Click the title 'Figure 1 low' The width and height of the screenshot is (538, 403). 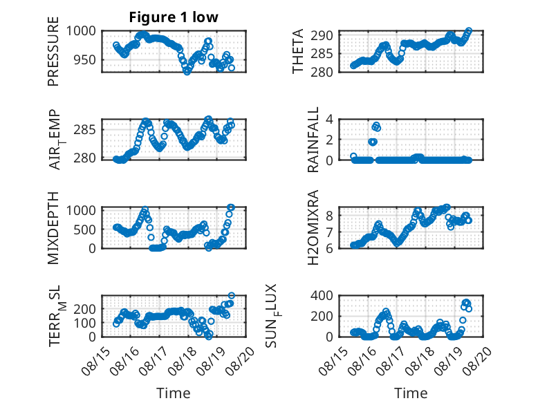coord(174,17)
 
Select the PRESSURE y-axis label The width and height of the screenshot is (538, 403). coord(53,51)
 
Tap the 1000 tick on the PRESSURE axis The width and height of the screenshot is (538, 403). coord(81,31)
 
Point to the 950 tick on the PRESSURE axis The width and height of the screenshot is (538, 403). coord(85,59)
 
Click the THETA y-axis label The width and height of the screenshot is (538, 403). coord(298,51)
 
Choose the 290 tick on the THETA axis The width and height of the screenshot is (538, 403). coord(322,35)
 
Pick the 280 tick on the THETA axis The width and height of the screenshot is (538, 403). coord(322,72)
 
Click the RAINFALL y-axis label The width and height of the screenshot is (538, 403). coord(314,140)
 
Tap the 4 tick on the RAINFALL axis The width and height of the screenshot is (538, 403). coord(330,120)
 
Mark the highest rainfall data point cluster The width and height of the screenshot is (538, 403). coord(376,126)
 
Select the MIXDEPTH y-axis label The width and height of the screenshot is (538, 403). coord(53,227)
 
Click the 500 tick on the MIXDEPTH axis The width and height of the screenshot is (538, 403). coord(85,229)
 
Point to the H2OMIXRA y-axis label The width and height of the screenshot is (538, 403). coord(314,227)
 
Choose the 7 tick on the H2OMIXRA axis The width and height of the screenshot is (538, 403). coord(330,232)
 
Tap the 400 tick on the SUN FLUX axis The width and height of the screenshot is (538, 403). coord(322,295)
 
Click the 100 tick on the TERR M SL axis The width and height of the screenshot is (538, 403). coord(85,323)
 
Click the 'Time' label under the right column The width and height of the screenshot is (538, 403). coord(411,393)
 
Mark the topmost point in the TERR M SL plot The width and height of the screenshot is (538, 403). coord(232,295)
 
